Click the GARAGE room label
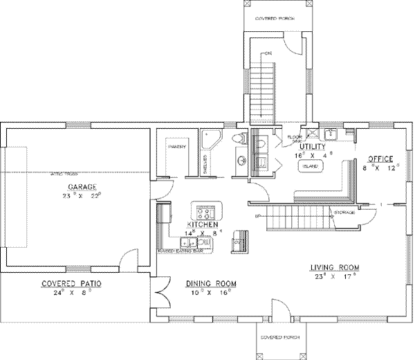81,187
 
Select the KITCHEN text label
202,226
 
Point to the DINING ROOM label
212,284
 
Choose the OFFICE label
380,159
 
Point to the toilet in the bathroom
239,139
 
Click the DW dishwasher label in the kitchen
205,241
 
